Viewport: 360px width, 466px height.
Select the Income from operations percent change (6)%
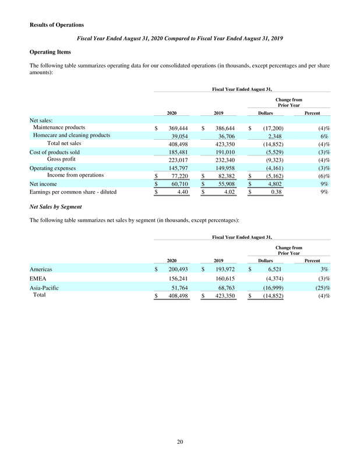(323, 175)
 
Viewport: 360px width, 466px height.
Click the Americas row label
(41, 270)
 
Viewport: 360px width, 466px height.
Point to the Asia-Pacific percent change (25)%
(322, 288)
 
